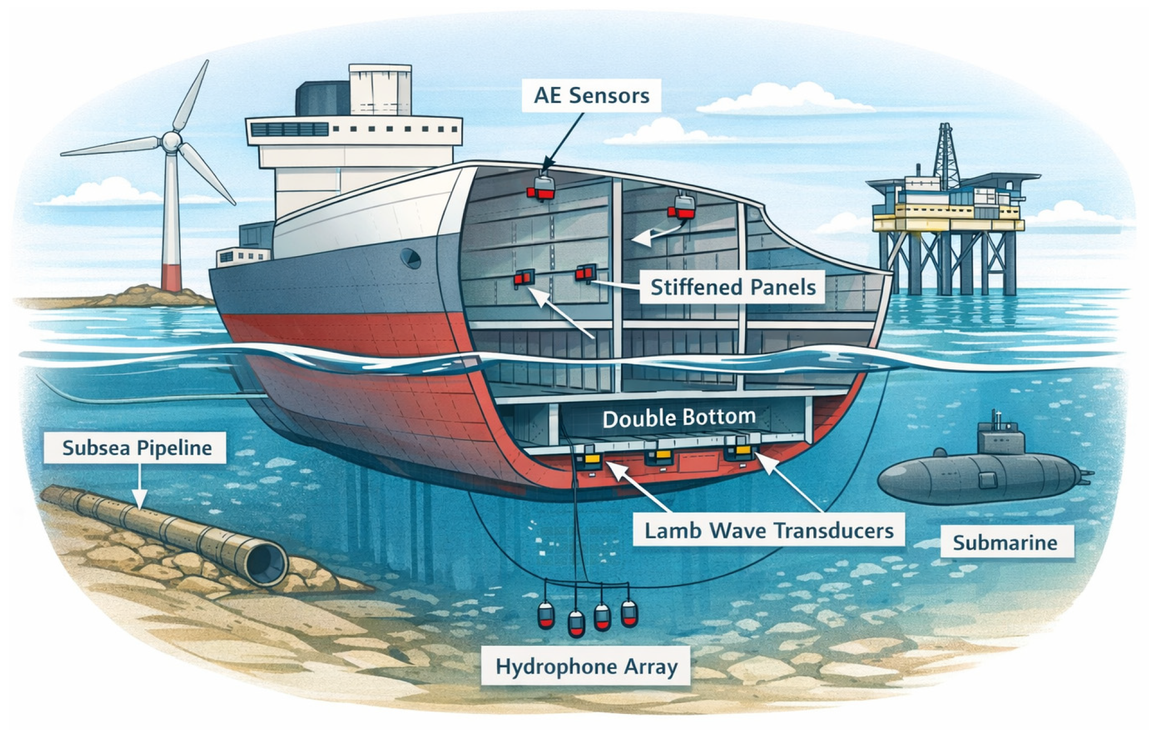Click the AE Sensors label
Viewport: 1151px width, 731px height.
coord(591,95)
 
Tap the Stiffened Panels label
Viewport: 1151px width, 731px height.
coord(732,287)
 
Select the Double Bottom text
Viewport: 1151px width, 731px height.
coord(679,418)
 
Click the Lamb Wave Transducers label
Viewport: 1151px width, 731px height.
coord(768,531)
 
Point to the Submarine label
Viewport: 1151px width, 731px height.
coord(1005,542)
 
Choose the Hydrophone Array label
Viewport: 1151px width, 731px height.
coord(586,666)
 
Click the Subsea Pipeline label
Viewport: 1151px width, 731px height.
coord(137,448)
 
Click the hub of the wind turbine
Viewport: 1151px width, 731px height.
coord(171,141)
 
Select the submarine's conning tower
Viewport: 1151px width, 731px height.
coord(1000,437)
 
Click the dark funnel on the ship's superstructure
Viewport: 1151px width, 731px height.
coord(322,98)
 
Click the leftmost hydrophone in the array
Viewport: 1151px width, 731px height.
coord(546,614)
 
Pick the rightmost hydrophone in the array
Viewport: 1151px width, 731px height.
coord(629,613)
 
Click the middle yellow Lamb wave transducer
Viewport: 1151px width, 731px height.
coord(662,455)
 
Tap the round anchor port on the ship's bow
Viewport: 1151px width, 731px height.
coord(410,258)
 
